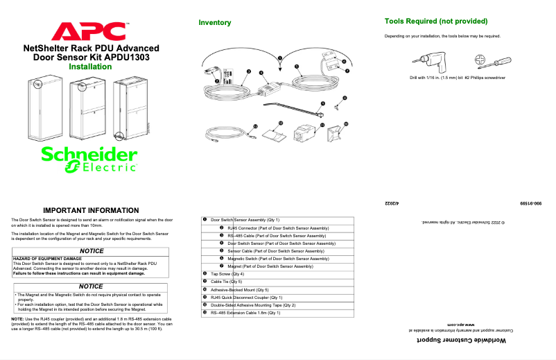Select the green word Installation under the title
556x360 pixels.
coord(90,67)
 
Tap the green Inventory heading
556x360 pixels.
coord(214,23)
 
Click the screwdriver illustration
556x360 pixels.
coord(494,63)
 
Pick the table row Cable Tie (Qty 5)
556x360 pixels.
coord(228,282)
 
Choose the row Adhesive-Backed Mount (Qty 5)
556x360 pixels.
coord(239,289)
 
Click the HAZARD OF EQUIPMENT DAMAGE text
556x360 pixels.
coord(43,258)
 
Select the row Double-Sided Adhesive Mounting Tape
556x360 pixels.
coord(253,305)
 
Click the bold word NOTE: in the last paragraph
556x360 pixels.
coord(18,318)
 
